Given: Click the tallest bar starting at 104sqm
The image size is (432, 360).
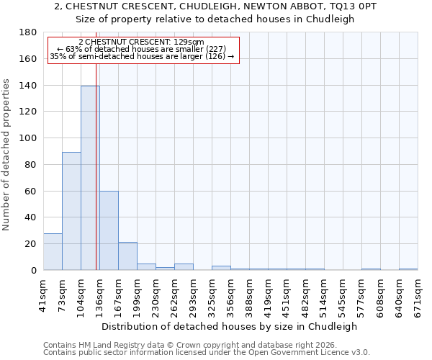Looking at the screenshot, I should (x=90, y=178).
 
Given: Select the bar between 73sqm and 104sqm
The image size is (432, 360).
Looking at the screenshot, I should (x=71, y=211).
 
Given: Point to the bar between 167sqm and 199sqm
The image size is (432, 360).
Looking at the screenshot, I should (x=127, y=256).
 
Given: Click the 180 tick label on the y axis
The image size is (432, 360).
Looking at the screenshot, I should (x=29, y=32).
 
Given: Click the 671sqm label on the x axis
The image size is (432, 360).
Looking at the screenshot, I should (x=418, y=294).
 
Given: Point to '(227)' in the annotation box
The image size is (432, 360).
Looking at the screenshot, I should (x=215, y=49).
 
